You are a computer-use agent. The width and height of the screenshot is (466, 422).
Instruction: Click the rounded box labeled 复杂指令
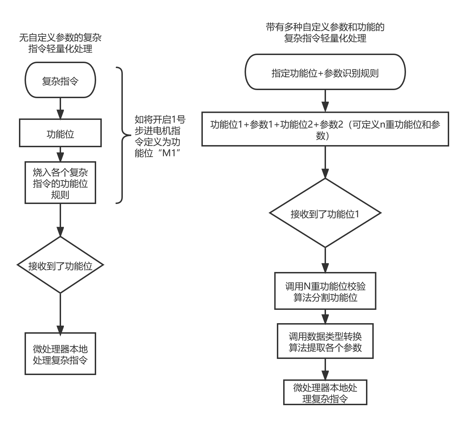click(x=60, y=80)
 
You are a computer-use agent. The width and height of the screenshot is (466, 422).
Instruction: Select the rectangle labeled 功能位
click(x=60, y=133)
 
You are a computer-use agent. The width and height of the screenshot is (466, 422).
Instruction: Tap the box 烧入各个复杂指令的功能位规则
click(x=60, y=183)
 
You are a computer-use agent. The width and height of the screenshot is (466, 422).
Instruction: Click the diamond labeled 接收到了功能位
click(x=60, y=265)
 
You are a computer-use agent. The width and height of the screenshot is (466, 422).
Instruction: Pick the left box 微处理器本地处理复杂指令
click(x=60, y=354)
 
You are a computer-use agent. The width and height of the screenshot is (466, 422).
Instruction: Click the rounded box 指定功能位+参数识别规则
click(x=325, y=72)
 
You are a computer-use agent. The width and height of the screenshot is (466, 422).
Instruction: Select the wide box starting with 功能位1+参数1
click(x=325, y=129)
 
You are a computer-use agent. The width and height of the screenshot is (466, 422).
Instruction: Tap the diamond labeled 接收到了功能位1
click(x=325, y=213)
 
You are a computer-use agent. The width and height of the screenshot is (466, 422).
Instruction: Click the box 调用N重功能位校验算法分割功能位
click(x=325, y=291)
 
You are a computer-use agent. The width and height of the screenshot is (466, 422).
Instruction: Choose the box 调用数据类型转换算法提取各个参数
click(x=325, y=341)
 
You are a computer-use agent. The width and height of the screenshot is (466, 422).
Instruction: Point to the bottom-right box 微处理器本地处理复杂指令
click(x=325, y=392)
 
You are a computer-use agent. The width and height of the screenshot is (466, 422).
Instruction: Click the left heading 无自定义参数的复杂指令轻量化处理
click(x=60, y=43)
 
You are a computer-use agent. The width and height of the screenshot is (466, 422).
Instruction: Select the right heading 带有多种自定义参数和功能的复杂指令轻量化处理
click(x=325, y=33)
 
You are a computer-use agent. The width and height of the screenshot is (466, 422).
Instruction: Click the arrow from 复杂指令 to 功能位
click(x=60, y=108)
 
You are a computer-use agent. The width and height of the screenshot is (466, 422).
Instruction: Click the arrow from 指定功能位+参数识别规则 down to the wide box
click(x=325, y=101)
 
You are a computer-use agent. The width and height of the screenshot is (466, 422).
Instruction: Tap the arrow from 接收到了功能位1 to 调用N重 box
click(x=325, y=260)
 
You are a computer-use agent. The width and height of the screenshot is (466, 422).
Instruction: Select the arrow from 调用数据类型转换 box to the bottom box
click(x=325, y=369)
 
